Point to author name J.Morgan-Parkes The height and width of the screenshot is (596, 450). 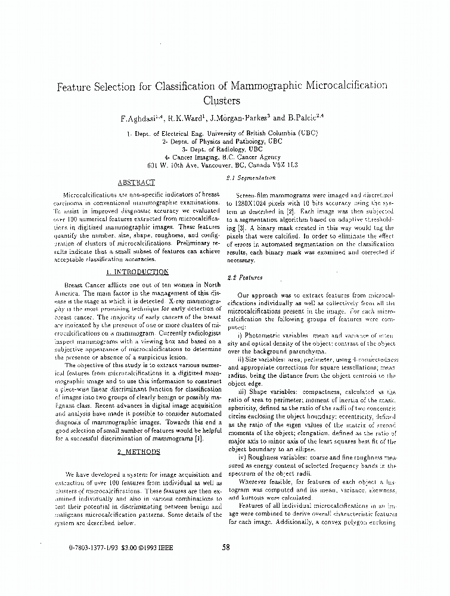coord(239,119)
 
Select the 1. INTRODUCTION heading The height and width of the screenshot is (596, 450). coord(137,272)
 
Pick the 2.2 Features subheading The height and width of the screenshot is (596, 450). coord(241,278)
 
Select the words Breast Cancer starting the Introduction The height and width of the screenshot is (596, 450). coord(83,285)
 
